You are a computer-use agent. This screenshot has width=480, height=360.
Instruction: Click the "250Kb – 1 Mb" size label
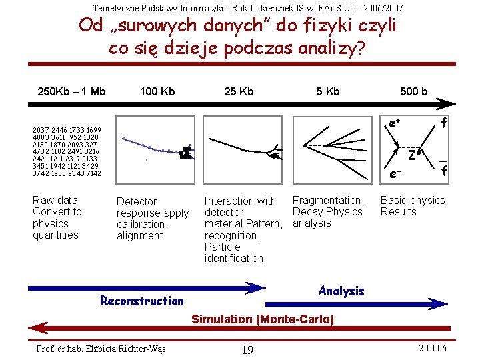tap(72, 91)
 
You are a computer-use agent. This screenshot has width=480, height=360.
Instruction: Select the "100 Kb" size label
tap(157, 91)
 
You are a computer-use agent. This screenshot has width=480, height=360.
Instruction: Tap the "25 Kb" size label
tap(239, 91)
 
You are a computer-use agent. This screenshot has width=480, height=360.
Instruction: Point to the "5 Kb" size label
tap(327, 91)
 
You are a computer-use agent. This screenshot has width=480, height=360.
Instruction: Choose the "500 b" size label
tap(413, 91)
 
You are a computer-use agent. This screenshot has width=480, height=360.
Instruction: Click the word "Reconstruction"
tap(141, 301)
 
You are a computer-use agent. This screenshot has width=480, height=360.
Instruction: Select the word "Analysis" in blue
tap(341, 291)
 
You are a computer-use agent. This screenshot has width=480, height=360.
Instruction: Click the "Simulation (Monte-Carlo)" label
tap(262, 319)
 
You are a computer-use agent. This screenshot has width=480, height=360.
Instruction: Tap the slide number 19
tap(247, 350)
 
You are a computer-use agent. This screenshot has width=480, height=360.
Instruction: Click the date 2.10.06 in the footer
tap(433, 349)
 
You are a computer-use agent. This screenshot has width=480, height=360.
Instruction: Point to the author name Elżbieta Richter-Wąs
tap(101, 349)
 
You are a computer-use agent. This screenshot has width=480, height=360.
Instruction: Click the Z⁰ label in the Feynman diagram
tap(415, 156)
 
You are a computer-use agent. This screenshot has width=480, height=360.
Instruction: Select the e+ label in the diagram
tap(394, 123)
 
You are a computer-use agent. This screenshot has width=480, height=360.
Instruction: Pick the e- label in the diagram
tap(394, 174)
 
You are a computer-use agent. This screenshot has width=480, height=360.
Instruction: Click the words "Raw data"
tap(55, 200)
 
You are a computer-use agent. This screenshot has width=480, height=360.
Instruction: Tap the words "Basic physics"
tap(413, 200)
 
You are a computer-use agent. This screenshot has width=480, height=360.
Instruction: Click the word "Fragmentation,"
tap(328, 200)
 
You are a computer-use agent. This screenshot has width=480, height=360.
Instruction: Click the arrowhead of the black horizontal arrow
tap(447, 104)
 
